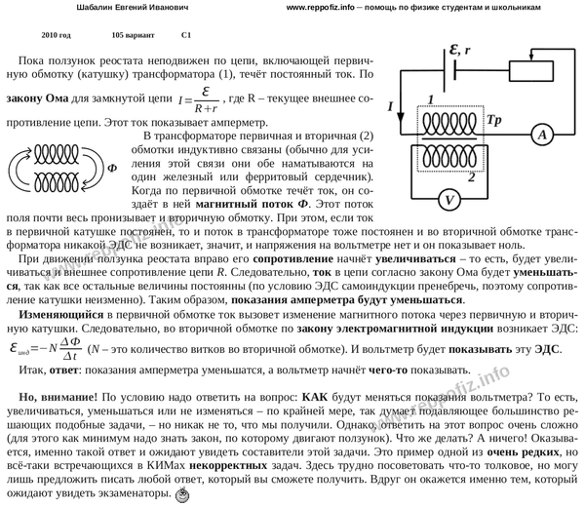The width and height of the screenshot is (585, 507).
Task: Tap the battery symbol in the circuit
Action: click(x=448, y=74)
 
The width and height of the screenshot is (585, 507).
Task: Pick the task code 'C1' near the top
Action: click(x=188, y=34)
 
